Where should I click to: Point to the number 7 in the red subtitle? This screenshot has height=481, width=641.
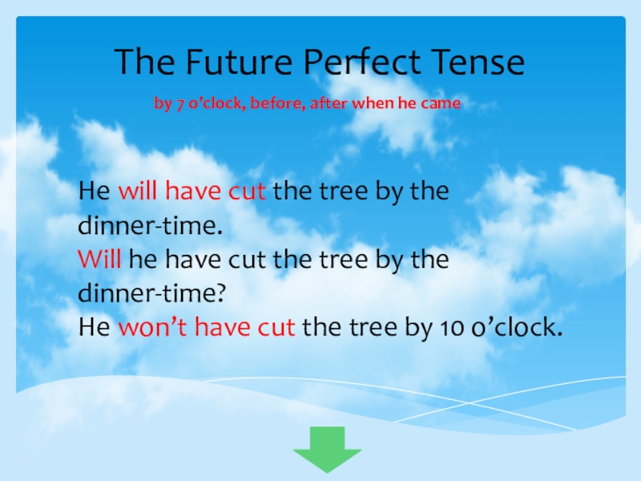click(180, 104)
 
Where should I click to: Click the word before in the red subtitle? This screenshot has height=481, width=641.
click(275, 104)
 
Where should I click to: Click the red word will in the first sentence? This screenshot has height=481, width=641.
click(139, 193)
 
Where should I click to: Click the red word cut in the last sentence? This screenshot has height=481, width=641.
click(276, 328)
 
